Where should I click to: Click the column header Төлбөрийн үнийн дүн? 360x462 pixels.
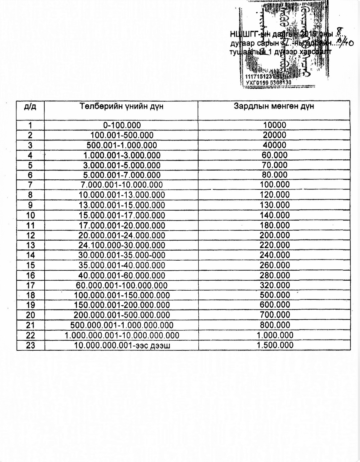coord(122,107)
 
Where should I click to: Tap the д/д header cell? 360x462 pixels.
coord(30,107)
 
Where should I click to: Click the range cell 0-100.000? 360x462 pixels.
coord(122,125)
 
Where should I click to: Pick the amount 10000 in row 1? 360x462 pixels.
coord(275,125)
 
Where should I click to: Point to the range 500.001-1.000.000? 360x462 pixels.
coord(122,145)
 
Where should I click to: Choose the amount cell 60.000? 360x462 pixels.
coord(275,155)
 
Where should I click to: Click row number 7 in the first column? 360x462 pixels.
coord(30,185)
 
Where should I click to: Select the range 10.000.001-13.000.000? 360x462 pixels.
coord(122,195)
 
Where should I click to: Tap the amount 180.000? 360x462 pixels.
coord(275,225)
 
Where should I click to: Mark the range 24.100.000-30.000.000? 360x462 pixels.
coord(122,245)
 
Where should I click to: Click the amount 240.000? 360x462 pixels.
coord(275,255)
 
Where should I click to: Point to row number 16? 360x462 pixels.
coord(30,275)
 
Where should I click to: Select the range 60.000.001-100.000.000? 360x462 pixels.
coord(122,285)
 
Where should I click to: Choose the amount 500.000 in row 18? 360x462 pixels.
coord(275,295)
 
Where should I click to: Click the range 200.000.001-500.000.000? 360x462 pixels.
coord(122,315)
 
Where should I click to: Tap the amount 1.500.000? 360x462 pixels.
coord(275,345)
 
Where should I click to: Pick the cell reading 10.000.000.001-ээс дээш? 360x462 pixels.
coord(122,345)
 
